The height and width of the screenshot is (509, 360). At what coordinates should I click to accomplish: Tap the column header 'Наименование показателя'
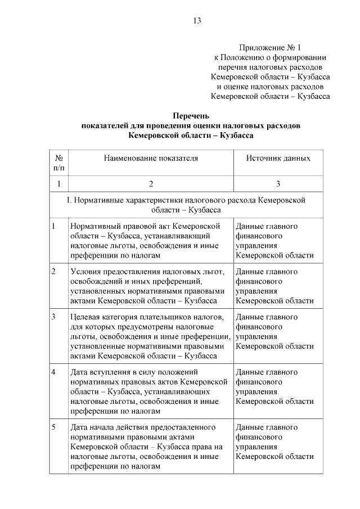pos(151,158)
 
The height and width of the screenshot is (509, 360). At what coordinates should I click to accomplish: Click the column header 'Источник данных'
pos(278,158)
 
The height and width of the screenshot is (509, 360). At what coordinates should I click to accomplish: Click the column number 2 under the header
pos(151,184)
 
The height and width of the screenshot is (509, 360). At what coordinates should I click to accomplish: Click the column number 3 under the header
pos(278,184)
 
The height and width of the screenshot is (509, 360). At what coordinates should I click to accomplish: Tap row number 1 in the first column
pos(53,226)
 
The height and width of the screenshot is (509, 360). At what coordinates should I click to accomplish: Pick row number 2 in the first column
pos(53,272)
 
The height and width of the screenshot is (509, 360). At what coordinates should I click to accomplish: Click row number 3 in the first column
pos(53,317)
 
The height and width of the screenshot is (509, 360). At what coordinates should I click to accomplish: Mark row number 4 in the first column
pos(53,372)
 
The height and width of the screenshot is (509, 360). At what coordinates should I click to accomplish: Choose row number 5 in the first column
pos(53,427)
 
